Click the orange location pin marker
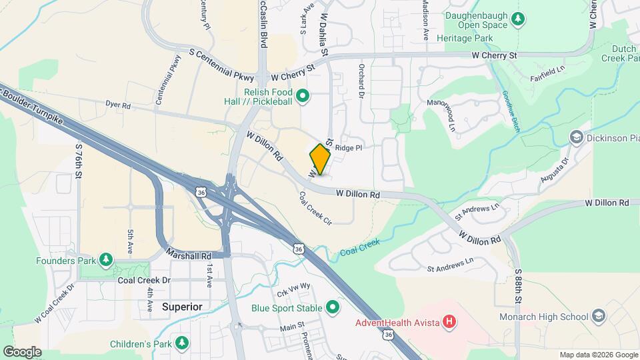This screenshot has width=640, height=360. [x=320, y=159]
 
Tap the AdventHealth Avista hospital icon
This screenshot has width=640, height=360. [x=450, y=323]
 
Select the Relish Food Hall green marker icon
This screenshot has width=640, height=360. [x=302, y=97]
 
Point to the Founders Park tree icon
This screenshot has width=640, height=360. [x=105, y=259]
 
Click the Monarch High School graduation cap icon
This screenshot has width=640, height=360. [x=598, y=316]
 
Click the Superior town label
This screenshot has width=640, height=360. [x=182, y=307]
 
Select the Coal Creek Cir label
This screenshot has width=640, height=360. [x=315, y=208]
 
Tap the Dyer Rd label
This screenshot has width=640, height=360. [x=117, y=105]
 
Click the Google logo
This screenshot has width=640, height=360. [x=22, y=351]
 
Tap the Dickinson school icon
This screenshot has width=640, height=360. [x=575, y=137]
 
